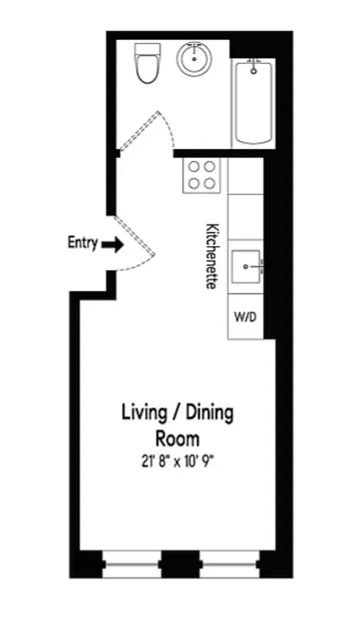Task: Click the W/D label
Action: click(246, 317)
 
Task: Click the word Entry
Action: click(82, 244)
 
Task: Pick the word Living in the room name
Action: click(144, 413)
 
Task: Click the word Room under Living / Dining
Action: click(178, 439)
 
